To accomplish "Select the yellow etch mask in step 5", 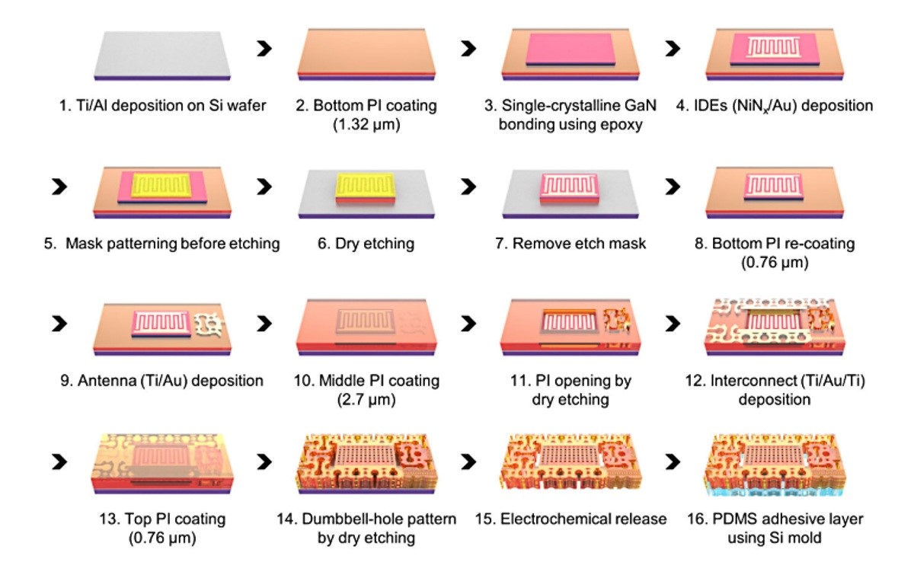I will pyautogui.click(x=160, y=186).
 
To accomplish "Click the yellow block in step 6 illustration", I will pyautogui.click(x=366, y=184).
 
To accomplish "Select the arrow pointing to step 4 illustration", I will pyautogui.click(x=672, y=49).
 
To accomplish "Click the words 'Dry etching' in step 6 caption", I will pyautogui.click(x=379, y=244).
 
